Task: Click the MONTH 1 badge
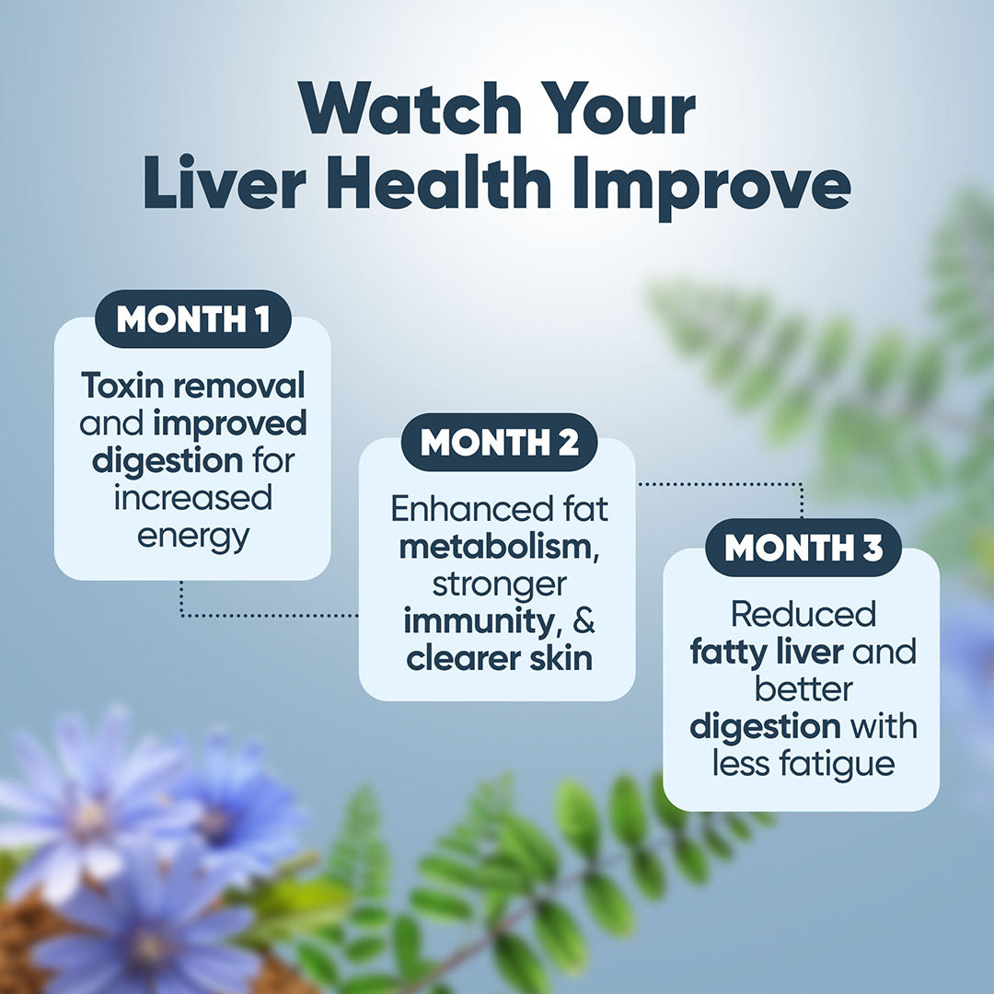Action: (x=193, y=320)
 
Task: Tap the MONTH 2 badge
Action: (x=500, y=443)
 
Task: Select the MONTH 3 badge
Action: (x=803, y=548)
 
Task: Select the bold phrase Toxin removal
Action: (x=192, y=387)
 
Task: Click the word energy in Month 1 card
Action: (x=193, y=536)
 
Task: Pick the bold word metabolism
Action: (x=493, y=546)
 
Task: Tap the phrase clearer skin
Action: (x=500, y=658)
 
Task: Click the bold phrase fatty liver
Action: (x=767, y=653)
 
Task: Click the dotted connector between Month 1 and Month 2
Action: (x=267, y=615)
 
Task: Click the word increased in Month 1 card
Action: (x=193, y=498)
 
